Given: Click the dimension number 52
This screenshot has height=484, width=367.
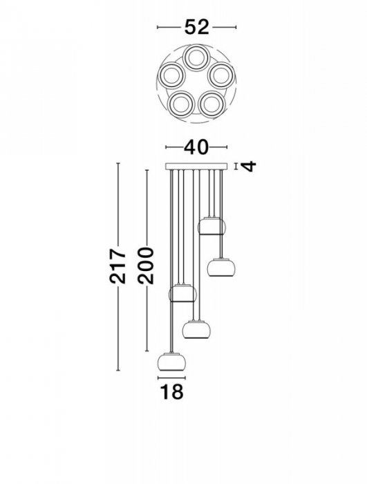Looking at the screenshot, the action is (196, 27).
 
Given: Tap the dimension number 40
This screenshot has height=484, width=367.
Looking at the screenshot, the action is (196, 147).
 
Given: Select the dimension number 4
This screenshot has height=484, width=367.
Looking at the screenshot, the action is (250, 166).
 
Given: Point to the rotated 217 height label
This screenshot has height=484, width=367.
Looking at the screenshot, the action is (117, 266).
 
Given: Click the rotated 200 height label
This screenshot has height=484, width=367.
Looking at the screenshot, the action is (146, 266).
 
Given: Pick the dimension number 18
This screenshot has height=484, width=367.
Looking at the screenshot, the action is (171, 391).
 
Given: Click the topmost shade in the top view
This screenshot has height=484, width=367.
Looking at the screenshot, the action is (196, 58).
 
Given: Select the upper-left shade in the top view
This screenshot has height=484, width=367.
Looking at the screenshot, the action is (171, 75).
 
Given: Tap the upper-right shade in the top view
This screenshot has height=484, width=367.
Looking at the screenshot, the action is (221, 75).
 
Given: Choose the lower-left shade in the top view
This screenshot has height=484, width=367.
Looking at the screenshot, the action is (180, 104).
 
